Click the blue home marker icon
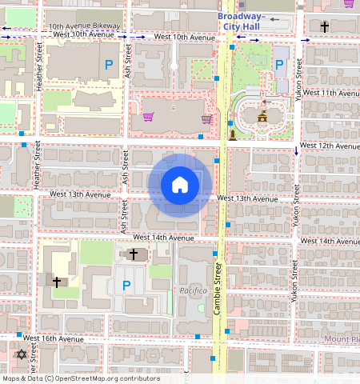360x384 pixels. [180, 185]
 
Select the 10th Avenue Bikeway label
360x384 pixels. [84, 26]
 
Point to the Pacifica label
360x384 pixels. [193, 290]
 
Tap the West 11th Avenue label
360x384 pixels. [329, 93]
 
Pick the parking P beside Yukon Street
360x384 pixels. [279, 65]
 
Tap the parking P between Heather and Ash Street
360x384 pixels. [108, 64]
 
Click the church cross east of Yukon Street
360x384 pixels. [324, 26]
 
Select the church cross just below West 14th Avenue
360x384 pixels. [134, 254]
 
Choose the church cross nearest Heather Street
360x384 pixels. [57, 282]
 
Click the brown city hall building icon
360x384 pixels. [262, 118]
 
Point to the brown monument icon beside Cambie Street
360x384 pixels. [232, 134]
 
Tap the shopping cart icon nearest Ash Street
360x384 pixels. [148, 118]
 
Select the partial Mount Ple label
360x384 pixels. [342, 339]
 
